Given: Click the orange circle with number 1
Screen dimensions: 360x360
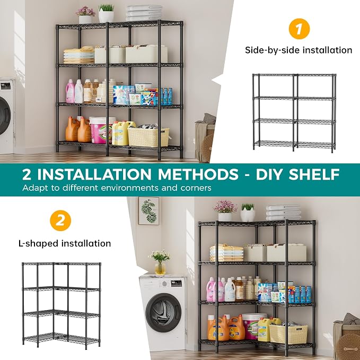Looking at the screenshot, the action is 299,29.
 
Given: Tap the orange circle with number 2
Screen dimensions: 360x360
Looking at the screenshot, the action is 60,221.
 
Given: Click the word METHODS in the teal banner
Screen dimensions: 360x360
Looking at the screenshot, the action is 198,174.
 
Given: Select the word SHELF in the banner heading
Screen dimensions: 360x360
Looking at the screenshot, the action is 314,174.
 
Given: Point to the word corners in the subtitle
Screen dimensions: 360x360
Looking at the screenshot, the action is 196,188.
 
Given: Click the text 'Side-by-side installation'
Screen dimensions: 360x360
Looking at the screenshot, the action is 298,50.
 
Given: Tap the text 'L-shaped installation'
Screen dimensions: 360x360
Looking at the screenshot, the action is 65,243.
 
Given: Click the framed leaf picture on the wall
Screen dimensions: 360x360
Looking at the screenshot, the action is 148,211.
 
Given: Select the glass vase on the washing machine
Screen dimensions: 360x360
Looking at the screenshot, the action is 160,268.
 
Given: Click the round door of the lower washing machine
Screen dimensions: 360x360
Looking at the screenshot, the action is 163,312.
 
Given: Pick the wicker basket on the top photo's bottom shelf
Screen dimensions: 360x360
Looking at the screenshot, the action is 148,137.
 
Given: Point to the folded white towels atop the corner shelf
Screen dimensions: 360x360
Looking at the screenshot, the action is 283,213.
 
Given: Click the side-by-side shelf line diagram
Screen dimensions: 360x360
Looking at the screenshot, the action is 294,113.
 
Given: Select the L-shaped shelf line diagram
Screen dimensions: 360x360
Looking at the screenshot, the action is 62,305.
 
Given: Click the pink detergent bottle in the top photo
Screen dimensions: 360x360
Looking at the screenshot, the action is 70,91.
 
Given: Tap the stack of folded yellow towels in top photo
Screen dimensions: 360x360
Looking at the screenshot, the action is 79,55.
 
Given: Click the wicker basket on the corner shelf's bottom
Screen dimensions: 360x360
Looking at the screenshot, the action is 288,334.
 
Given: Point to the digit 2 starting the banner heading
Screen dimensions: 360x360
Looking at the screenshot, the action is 27,174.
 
